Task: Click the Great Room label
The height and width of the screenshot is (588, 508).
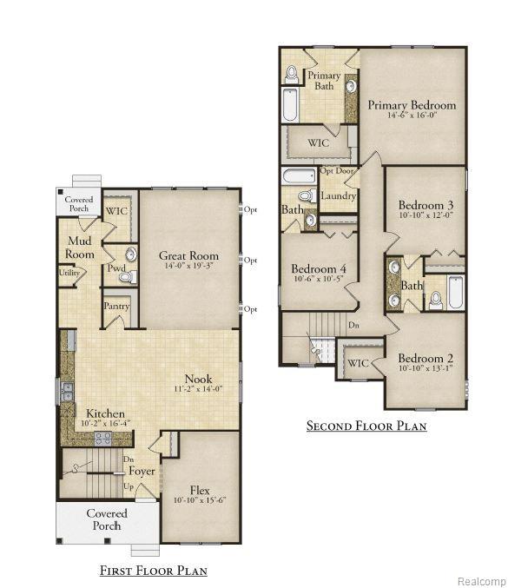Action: pos(188,255)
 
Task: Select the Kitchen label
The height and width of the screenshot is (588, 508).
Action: pos(105,413)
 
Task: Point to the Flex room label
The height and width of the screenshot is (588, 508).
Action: pos(200,490)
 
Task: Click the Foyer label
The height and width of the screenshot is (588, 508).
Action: pos(142,472)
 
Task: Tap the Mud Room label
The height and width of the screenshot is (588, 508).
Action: pos(79,248)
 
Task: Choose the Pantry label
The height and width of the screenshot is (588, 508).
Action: pos(116,307)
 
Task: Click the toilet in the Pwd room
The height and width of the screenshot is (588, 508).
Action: pos(125,277)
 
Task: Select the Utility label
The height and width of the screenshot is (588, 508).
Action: pos(70,273)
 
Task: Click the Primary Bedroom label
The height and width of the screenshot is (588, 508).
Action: pos(411,105)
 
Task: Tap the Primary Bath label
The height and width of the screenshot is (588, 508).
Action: pos(324,81)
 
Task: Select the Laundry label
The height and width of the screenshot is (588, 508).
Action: pos(337,196)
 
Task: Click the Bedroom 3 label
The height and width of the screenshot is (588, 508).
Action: pos(426,204)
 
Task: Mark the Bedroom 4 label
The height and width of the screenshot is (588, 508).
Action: pos(319,268)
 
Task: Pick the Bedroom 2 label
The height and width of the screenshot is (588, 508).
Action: pos(426,358)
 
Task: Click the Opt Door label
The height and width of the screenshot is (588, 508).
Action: pos(337,170)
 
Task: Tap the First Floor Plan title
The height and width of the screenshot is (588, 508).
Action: pos(153,571)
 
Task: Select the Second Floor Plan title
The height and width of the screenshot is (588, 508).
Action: pos(366,426)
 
